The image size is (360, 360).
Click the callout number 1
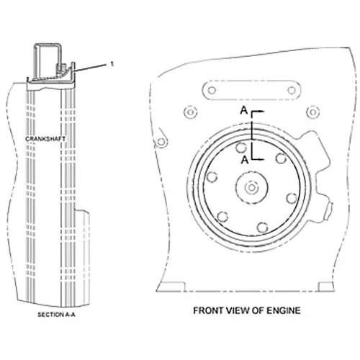tap(112, 64)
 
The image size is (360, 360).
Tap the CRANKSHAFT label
tap(45, 139)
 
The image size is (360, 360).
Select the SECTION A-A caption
tap(56, 315)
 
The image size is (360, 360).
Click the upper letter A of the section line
tap(243, 110)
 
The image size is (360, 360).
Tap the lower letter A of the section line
tap(245, 160)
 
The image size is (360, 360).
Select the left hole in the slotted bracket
tap(212, 91)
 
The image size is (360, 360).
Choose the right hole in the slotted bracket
tap(292, 91)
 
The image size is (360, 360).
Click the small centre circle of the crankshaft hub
tap(251, 188)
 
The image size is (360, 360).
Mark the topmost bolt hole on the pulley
tap(241, 148)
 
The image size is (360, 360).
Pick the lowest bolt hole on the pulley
tap(262, 228)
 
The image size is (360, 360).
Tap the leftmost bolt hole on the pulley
tap(212, 177)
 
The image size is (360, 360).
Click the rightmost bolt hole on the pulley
tap(292, 199)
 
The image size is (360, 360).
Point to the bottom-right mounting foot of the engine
tap(326, 287)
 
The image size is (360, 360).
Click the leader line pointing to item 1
tap(91, 68)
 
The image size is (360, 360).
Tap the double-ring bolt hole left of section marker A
tap(190, 112)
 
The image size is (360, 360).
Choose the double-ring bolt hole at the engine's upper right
tap(313, 112)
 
